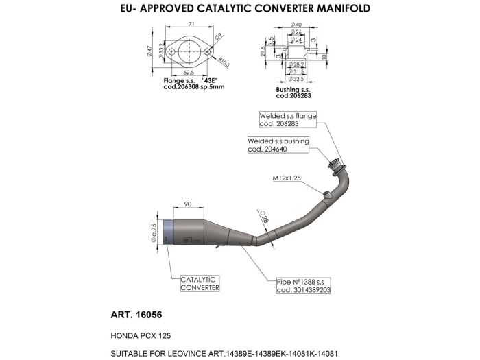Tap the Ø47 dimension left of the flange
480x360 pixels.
tap(149, 50)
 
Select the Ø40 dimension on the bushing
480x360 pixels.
tap(297, 25)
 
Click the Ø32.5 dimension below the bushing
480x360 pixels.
tap(298, 80)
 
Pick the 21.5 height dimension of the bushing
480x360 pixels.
tap(263, 51)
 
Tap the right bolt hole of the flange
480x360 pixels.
tap(205, 49)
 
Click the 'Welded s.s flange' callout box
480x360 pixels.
tap(287, 120)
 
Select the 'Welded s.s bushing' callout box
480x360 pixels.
tap(278, 145)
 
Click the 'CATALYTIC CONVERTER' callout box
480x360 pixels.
tap(200, 284)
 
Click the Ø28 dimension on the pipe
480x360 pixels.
tap(264, 217)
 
